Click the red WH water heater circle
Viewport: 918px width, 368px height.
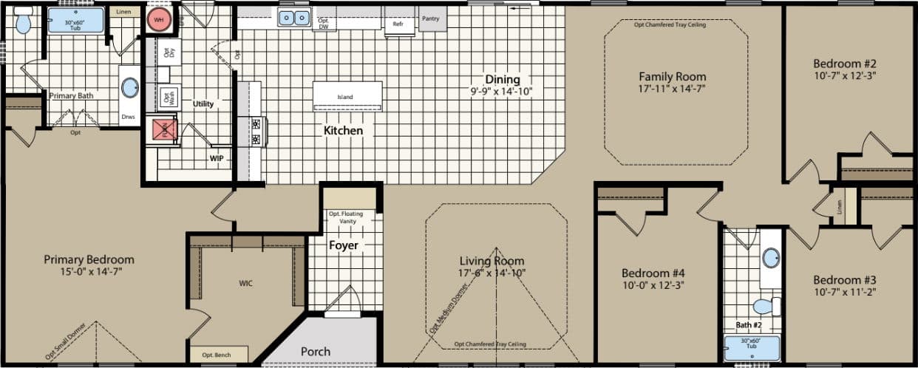click(x=158, y=20)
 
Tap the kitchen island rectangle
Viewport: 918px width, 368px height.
click(x=347, y=96)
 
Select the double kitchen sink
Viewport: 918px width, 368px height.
click(x=294, y=18)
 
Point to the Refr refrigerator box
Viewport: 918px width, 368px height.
click(x=398, y=24)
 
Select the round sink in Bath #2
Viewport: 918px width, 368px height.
click(x=771, y=258)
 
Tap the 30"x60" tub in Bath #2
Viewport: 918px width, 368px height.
click(x=752, y=347)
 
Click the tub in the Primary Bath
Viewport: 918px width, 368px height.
click(x=75, y=20)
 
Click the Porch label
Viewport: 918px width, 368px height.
click(x=316, y=351)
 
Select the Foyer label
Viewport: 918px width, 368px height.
click(x=344, y=245)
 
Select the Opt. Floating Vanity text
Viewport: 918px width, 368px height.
click(x=347, y=217)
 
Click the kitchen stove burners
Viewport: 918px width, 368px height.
click(x=256, y=132)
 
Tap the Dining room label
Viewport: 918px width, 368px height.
click(x=503, y=79)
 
